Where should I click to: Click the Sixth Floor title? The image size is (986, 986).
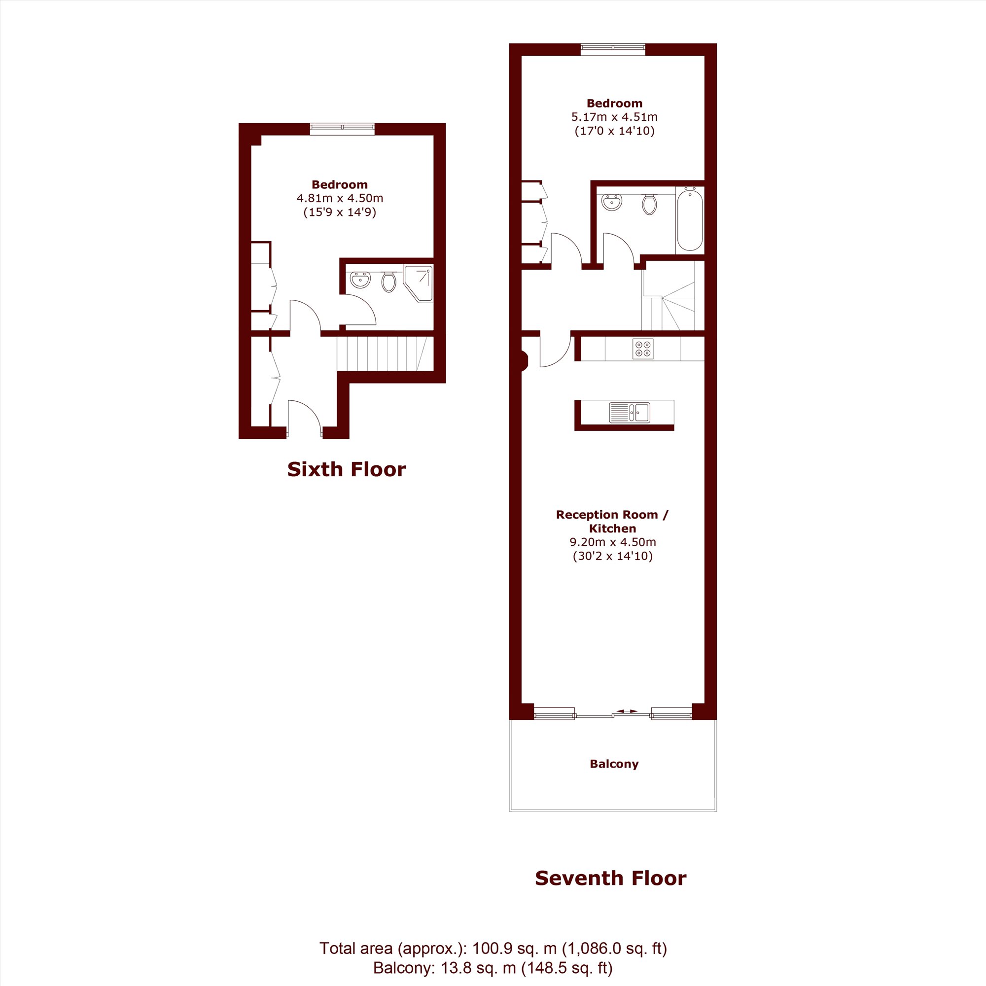tap(347, 469)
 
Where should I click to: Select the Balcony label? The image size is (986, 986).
tap(614, 764)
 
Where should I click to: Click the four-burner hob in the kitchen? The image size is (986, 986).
tap(642, 349)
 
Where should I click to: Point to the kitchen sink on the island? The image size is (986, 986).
tap(630, 412)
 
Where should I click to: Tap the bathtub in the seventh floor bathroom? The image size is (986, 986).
tap(690, 219)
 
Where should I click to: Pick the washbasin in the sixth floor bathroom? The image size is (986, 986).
tap(360, 280)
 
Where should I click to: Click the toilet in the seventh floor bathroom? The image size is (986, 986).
tap(649, 204)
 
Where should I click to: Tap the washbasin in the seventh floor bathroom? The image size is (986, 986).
tap(612, 202)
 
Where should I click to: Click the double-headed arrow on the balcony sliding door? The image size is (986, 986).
tap(627, 711)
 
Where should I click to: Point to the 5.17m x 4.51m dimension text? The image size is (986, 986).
tap(614, 117)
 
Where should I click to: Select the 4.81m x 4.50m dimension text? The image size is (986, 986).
tap(340, 198)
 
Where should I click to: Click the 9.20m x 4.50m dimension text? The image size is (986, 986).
tap(613, 542)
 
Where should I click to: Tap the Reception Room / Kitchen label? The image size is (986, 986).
tap(612, 522)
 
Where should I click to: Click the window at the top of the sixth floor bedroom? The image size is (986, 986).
tap(343, 129)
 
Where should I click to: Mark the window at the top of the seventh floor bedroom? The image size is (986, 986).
tap(613, 49)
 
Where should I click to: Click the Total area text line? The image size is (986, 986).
tap(493, 948)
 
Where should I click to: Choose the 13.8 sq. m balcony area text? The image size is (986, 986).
tap(493, 968)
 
